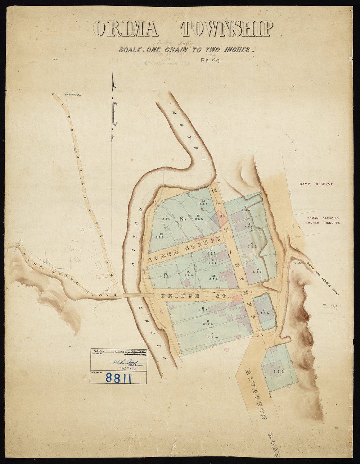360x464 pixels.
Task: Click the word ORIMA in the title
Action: (x=126, y=29)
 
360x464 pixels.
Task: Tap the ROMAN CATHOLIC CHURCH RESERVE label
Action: (x=323, y=220)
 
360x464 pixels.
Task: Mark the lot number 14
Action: (x=165, y=274)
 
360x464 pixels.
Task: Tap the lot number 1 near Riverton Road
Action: (x=279, y=367)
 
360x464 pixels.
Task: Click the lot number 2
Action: (x=264, y=310)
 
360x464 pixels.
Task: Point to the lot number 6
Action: (x=246, y=207)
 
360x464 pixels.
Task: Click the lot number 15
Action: (x=203, y=201)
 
